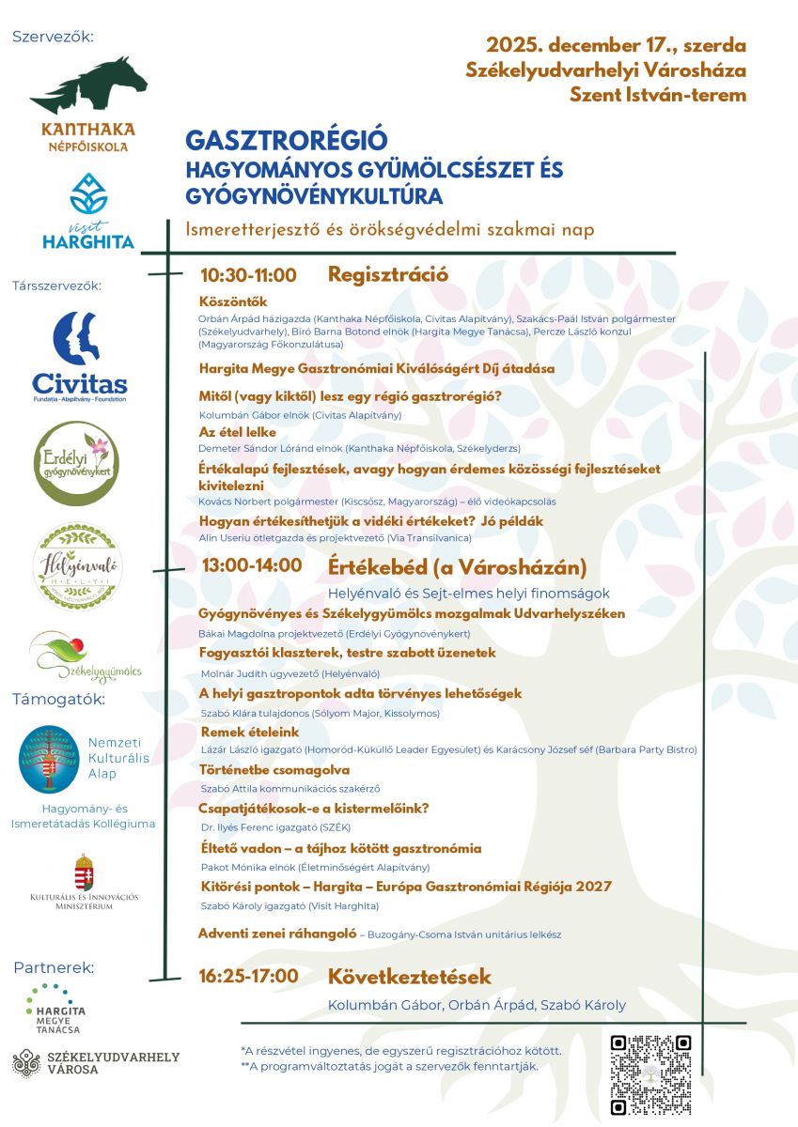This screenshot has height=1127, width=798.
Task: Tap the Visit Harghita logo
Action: pyautogui.click(x=88, y=211)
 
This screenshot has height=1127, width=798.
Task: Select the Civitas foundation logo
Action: pyautogui.click(x=79, y=356)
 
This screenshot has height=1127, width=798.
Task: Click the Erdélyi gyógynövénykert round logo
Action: pyautogui.click(x=77, y=463)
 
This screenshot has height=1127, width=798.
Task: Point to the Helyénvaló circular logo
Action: pyautogui.click(x=78, y=566)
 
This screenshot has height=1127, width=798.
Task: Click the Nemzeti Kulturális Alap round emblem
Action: pyautogui.click(x=50, y=758)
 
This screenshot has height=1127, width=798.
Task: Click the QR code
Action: pyautogui.click(x=650, y=1074)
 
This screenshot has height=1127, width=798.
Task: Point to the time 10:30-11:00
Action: pyautogui.click(x=248, y=275)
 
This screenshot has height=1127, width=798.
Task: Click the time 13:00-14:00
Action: pyautogui.click(x=251, y=565)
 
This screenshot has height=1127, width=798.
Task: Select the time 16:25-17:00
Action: pyautogui.click(x=249, y=976)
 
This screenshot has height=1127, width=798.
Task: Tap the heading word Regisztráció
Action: pyautogui.click(x=387, y=274)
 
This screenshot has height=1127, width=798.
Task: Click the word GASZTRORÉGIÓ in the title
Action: pyautogui.click(x=286, y=140)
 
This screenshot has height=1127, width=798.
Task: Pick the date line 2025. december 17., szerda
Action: pyautogui.click(x=616, y=45)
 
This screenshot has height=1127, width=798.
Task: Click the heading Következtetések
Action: pyautogui.click(x=409, y=976)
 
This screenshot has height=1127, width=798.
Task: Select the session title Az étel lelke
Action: pyautogui.click(x=237, y=433)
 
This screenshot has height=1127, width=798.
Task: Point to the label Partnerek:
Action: pyautogui.click(x=54, y=967)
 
